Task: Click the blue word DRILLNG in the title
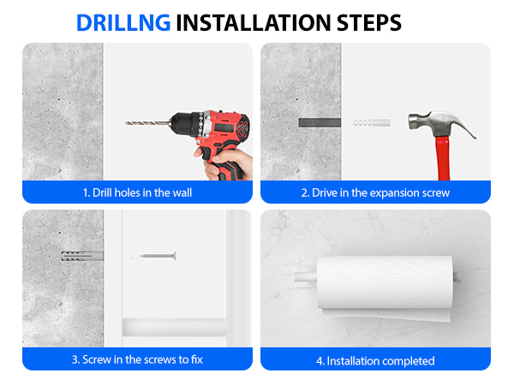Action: (x=123, y=23)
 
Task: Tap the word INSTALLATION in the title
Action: (x=254, y=23)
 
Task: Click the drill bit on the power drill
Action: (x=147, y=123)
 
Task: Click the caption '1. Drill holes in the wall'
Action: (x=137, y=192)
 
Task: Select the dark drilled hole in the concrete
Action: (x=320, y=122)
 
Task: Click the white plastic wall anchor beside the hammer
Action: (x=372, y=122)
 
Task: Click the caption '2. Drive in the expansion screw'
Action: (x=375, y=192)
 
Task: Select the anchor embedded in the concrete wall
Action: (x=82, y=256)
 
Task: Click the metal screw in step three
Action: (x=158, y=256)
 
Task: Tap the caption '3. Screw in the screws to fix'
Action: (x=137, y=360)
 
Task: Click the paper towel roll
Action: (x=384, y=281)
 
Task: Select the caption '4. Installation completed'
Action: (x=375, y=361)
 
